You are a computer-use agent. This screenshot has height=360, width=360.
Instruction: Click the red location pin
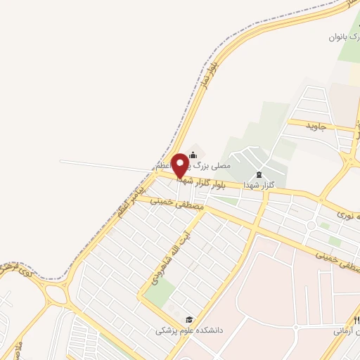click(180, 165)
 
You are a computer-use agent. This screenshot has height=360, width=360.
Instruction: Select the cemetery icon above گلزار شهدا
click(257, 174)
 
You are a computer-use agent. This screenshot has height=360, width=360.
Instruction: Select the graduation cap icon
click(188, 319)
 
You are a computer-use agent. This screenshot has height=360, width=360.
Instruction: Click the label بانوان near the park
click(339, 39)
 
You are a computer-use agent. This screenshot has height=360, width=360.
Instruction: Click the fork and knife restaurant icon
click(296, 328)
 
